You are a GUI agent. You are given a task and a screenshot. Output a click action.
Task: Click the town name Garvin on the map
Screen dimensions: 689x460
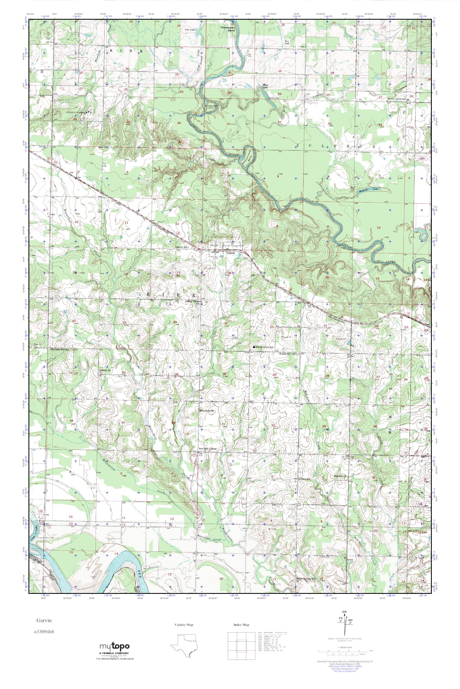click(231, 253)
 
